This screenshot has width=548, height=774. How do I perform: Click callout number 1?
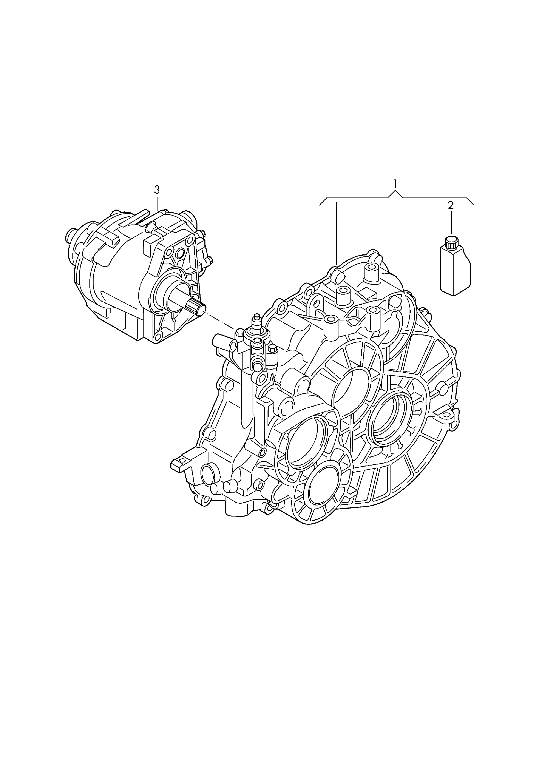point(395,184)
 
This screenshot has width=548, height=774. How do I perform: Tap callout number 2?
point(451,206)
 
